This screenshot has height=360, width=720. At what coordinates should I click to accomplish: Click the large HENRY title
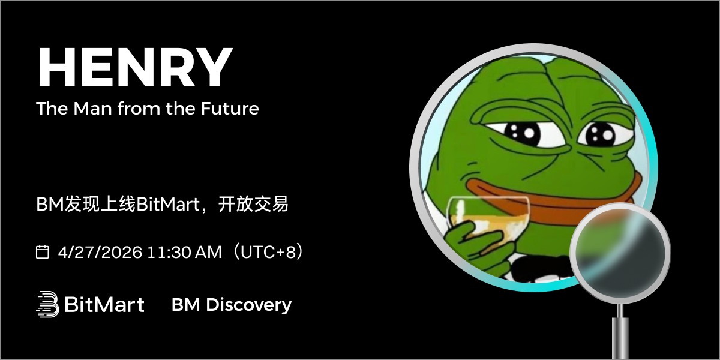pos(135,67)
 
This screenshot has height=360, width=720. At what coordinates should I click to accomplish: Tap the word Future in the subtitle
pos(230,109)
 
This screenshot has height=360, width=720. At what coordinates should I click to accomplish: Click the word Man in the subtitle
pos(92,109)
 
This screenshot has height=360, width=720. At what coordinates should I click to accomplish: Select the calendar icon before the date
pos(42,251)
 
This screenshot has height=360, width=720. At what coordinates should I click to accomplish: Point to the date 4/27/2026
pos(100,252)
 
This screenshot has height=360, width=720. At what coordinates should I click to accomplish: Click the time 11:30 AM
pos(185,252)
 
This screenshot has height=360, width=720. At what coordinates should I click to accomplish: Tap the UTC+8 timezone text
pos(268,251)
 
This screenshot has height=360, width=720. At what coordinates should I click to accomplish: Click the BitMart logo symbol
pos(47,304)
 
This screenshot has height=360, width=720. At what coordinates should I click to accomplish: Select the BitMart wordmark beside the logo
pos(104,304)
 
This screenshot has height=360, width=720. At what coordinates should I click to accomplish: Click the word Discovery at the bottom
pos(248,305)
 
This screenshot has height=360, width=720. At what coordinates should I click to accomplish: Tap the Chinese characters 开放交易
pos(253,204)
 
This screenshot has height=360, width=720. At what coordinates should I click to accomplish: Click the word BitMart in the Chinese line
pos(168,205)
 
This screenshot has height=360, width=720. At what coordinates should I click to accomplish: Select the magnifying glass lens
pos(620,253)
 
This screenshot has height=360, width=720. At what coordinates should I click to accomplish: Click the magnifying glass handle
pos(620,334)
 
